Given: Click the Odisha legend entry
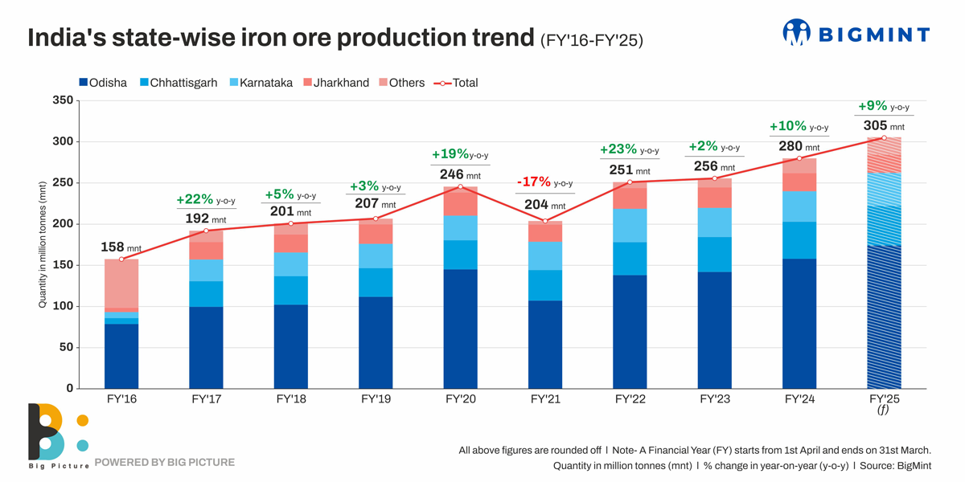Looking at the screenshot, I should tap(103, 83).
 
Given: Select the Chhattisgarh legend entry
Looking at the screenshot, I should tap(178, 83).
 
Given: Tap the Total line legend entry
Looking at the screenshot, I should tap(456, 83).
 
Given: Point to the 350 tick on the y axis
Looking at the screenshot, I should tap(63, 100).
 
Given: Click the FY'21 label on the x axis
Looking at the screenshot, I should tap(545, 398).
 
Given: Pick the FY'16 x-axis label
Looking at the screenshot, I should tap(121, 398).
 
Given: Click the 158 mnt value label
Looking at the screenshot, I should tap(121, 247).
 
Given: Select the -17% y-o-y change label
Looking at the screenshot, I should tap(544, 182).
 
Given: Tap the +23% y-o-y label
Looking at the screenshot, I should tap(629, 149).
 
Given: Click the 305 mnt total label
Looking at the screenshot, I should tap(883, 126).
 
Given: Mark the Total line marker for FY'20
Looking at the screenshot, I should tap(461, 186).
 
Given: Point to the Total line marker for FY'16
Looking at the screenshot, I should tap(121, 259).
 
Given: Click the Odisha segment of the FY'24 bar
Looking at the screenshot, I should tap(799, 323).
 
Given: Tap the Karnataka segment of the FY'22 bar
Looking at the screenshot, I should tap(630, 225).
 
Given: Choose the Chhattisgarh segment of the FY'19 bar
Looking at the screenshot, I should tap(376, 283).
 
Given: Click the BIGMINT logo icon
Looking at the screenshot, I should tap(796, 33).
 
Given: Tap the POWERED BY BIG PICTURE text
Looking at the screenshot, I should tap(165, 462).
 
